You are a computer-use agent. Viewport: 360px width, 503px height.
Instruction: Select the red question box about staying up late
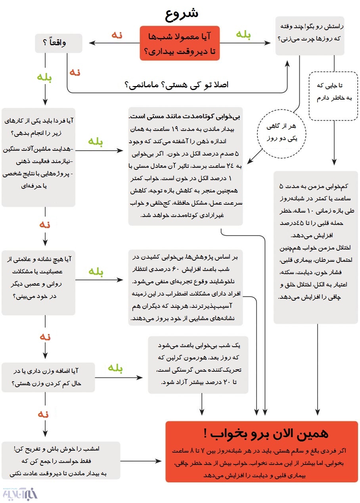(x=179, y=43)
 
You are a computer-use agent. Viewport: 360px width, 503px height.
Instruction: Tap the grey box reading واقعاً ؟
(x=58, y=43)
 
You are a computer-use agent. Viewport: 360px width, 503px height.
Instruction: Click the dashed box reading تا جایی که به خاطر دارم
(x=334, y=96)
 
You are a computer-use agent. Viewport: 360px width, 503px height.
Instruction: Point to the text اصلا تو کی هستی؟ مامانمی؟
(x=176, y=84)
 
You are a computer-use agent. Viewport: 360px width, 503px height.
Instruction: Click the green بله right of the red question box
(x=243, y=35)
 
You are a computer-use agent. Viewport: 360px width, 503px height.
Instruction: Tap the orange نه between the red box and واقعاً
(x=117, y=35)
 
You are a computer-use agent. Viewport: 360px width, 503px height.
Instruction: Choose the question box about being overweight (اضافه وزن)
(x=48, y=377)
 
